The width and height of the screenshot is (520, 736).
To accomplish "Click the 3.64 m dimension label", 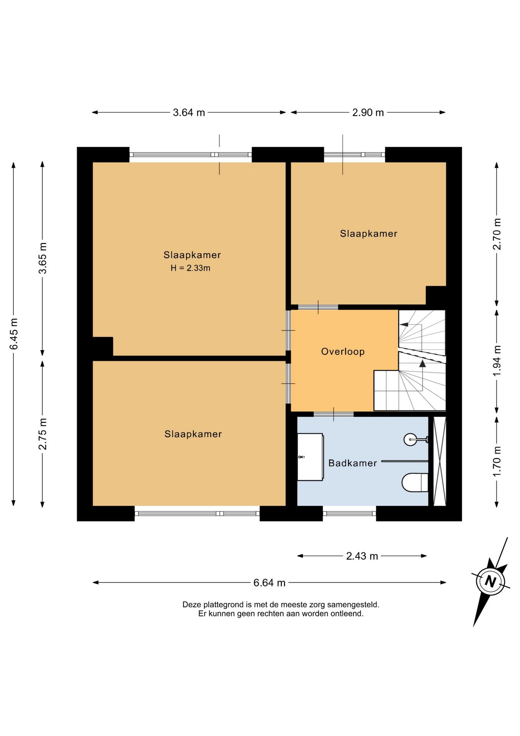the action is click(x=189, y=113).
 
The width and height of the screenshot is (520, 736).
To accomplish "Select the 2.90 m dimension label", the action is click(x=368, y=113).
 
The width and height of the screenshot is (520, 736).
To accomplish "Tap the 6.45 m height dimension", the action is click(x=14, y=334).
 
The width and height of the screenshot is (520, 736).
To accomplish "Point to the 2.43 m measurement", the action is click(x=362, y=556).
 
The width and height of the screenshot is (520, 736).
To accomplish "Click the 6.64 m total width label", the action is click(x=269, y=583).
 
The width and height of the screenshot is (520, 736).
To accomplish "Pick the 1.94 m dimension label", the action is click(x=497, y=360).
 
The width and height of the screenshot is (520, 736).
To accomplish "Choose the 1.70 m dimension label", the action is click(x=497, y=462).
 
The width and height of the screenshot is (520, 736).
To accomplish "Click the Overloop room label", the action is click(x=343, y=352).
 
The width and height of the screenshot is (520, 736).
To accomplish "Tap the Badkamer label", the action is click(x=353, y=463).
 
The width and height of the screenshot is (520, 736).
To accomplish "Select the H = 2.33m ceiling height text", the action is click(x=190, y=268).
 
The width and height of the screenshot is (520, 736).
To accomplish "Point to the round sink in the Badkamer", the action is click(x=410, y=439).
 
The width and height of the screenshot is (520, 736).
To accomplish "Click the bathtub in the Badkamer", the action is click(x=311, y=457).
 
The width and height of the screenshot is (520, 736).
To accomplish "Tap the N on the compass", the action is click(x=491, y=581).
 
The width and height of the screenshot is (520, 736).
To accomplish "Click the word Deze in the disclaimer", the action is click(x=192, y=605).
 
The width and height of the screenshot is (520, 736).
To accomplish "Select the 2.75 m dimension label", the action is click(x=43, y=434).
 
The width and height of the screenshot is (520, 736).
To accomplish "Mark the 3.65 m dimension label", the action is click(x=43, y=258).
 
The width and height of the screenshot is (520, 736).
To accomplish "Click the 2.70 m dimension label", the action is click(x=497, y=234).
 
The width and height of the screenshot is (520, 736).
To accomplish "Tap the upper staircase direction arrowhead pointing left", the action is click(x=404, y=325).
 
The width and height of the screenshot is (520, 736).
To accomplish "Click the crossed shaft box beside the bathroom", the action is click(x=440, y=461).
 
